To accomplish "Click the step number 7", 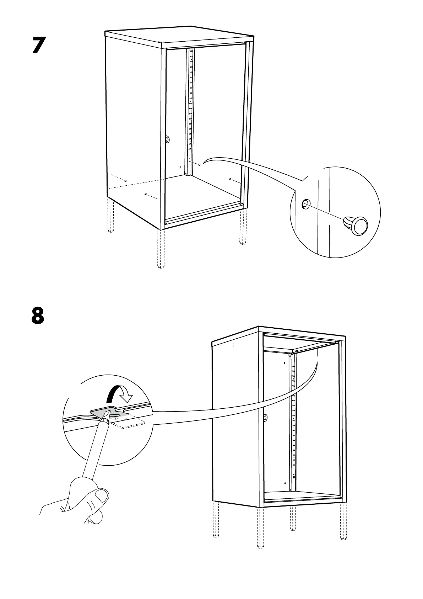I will (x=39, y=45).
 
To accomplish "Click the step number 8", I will (x=38, y=316).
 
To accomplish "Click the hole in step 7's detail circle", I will (x=305, y=204).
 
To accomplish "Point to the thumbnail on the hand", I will (x=102, y=495).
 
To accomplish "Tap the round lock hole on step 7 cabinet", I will (x=168, y=139).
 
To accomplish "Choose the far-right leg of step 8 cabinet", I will (x=342, y=526).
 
